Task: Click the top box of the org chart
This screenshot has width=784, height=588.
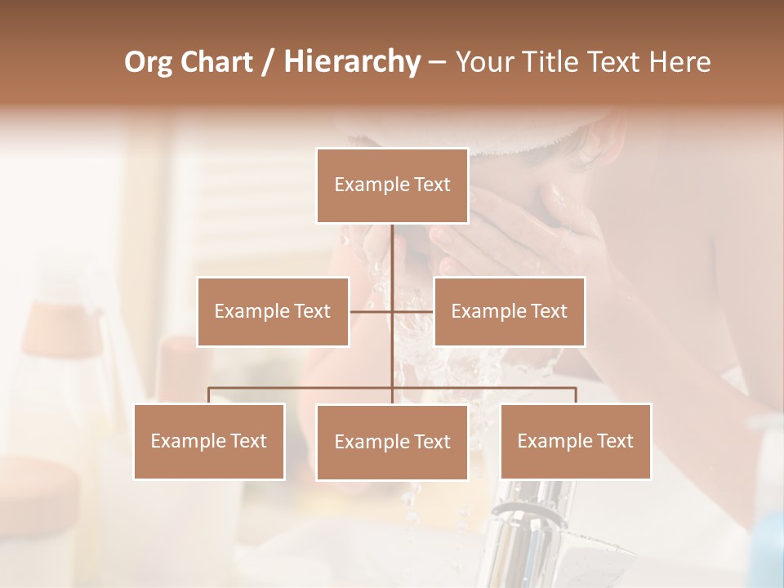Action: (392, 185)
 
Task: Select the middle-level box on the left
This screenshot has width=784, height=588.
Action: (273, 311)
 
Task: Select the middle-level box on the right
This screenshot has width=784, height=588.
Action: (509, 311)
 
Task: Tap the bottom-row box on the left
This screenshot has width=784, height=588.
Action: (209, 441)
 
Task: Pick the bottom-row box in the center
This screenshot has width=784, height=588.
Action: (392, 442)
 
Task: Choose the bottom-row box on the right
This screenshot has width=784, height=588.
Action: (575, 441)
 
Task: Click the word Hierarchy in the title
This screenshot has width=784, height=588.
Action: (351, 61)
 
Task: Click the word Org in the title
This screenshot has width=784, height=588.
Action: (148, 61)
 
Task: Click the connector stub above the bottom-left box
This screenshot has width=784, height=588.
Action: (209, 395)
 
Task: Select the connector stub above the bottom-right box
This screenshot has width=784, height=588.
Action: (575, 395)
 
